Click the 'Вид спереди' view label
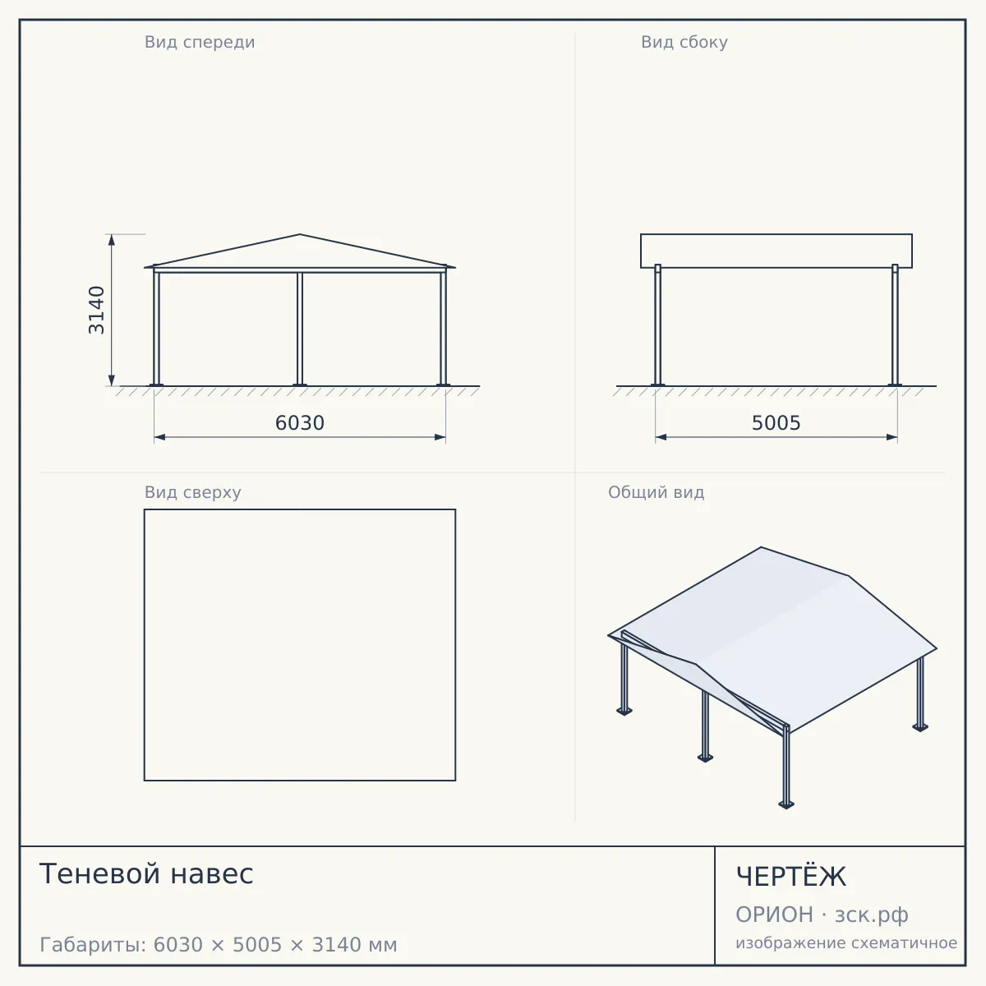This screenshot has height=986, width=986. tap(200, 43)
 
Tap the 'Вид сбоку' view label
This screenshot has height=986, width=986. tap(684, 43)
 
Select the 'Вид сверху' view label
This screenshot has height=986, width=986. tap(193, 492)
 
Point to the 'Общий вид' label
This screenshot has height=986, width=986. tap(656, 492)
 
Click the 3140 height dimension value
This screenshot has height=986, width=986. tap(97, 310)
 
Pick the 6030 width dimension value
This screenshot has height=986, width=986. tap(300, 423)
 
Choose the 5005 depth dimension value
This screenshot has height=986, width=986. tap(776, 423)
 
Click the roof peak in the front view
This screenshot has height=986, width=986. tap(300, 234)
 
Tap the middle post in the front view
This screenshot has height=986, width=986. tap(300, 329)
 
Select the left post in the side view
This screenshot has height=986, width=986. tap(658, 325)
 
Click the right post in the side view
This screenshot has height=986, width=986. tap(895, 325)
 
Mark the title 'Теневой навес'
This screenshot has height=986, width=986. tap(146, 873)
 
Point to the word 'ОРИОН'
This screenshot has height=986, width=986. tap(774, 915)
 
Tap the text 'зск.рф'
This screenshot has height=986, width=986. tap(872, 915)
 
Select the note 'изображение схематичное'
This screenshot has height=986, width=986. tap(846, 943)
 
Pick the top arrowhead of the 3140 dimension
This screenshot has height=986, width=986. tap(112, 240)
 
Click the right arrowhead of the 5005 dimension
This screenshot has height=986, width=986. tap(892, 437)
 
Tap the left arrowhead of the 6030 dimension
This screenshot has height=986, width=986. tap(159, 437)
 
